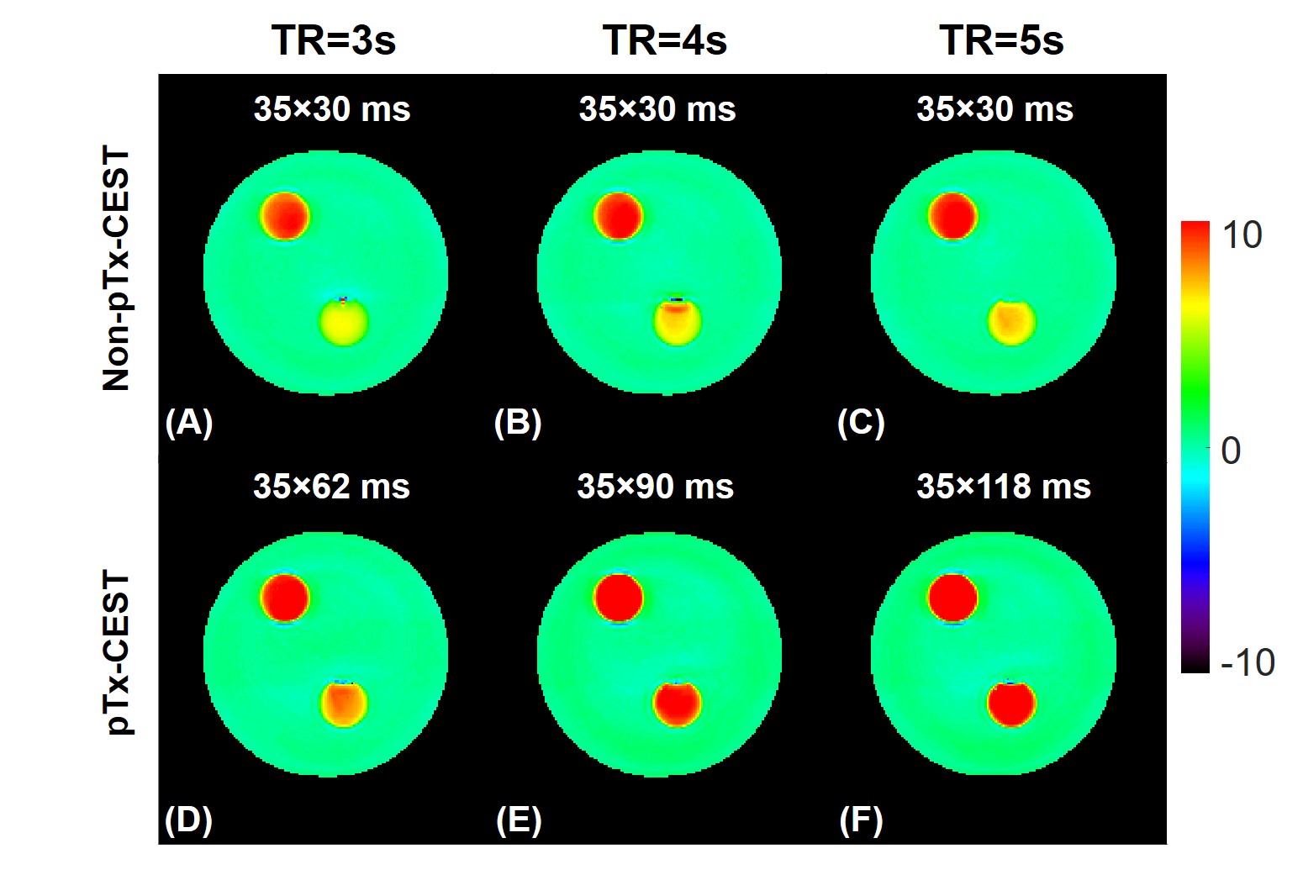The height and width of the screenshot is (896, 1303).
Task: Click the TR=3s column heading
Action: point(333,40)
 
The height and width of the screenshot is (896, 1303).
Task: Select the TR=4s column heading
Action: point(664,40)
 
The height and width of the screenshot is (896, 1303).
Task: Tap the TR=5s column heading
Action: point(1001,40)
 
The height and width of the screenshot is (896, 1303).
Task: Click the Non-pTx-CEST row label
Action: point(117,269)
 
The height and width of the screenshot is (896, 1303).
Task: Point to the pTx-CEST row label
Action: point(117,652)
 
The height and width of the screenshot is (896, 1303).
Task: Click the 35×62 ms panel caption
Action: point(331,487)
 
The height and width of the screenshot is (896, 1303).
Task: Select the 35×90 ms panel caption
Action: point(655,487)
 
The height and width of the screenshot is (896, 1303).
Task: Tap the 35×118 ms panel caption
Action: point(1004,487)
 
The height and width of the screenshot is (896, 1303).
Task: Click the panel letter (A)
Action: point(189,422)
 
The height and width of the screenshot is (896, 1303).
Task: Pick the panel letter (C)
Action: point(861,422)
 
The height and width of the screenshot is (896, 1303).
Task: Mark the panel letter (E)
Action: point(519,820)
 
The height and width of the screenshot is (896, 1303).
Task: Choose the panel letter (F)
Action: point(861,820)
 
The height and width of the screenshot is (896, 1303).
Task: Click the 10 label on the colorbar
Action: point(1242,235)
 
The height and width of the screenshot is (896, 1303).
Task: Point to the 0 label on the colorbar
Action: point(1231,451)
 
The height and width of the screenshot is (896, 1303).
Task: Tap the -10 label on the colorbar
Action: point(1248,662)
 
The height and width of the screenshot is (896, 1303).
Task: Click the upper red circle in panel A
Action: point(285,216)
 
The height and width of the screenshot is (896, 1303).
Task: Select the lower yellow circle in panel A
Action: point(344,322)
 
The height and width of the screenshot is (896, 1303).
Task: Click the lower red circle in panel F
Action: point(1011,704)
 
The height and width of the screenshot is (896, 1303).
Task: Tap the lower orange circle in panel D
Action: point(344,704)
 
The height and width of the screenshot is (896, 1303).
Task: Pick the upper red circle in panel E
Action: point(619,598)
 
